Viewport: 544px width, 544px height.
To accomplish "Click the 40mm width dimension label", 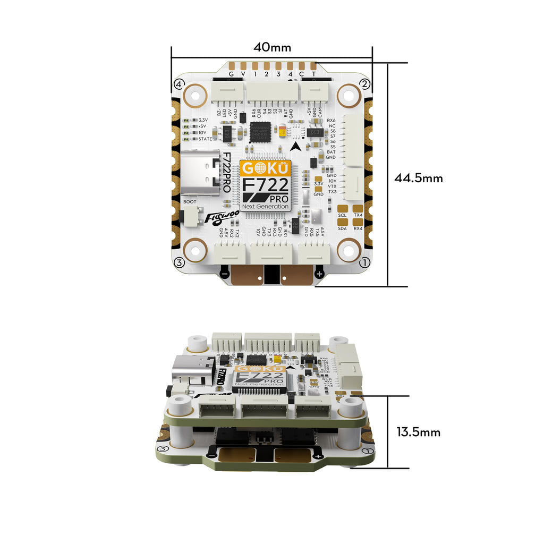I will click(272, 47).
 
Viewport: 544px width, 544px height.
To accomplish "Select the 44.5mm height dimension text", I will click(419, 178).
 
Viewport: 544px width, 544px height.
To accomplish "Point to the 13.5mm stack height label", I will click(419, 432).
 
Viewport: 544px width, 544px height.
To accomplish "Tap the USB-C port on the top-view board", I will click(200, 173).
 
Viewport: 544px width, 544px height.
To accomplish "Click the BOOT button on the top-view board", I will click(186, 216).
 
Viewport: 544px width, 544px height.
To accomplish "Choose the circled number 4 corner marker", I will click(178, 84).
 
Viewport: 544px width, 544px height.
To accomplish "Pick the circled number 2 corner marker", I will click(365, 83).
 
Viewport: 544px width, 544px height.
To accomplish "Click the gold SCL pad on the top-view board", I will click(343, 208).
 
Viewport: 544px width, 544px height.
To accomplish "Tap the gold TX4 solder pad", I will click(358, 208).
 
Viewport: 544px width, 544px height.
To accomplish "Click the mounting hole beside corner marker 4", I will click(195, 96).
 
